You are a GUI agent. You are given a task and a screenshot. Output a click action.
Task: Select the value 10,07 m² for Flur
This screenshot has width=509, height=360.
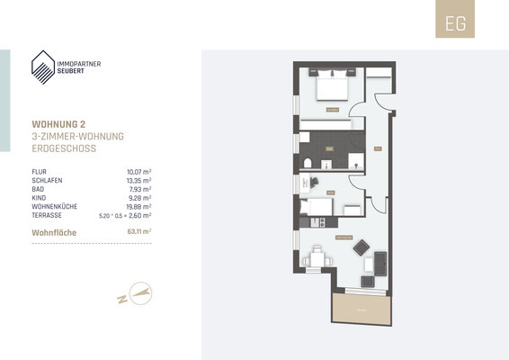click(x=138, y=170)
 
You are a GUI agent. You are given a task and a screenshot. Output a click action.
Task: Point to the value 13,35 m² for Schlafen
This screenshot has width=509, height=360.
click(x=138, y=179)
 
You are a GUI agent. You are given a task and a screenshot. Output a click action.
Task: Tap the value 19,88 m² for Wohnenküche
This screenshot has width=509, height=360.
click(x=138, y=206)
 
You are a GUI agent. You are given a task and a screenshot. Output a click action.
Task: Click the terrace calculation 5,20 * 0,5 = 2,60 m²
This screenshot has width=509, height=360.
click(x=125, y=215)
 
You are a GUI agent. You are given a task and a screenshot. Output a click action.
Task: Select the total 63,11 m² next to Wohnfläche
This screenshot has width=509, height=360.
click(x=138, y=231)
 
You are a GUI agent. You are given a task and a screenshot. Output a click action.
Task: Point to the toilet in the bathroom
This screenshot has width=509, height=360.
click(x=308, y=162)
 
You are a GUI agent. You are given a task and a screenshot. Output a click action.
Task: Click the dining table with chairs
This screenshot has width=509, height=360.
click(x=316, y=258)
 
